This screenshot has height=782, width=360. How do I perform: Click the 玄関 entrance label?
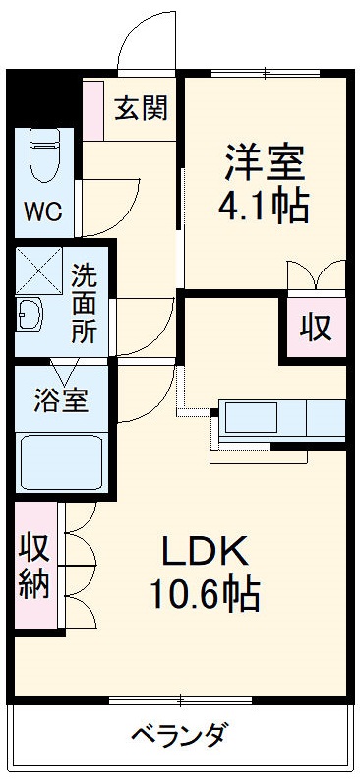[x=140, y=107]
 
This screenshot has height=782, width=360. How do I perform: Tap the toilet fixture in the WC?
[x=44, y=154]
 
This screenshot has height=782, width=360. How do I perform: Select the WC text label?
[x=42, y=211]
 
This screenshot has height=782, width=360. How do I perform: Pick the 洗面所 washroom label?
[x=85, y=303]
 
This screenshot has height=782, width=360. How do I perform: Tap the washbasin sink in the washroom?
[x=30, y=316]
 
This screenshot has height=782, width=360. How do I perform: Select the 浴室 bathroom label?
[x=61, y=400]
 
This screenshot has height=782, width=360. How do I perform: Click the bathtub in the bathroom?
[x=62, y=461]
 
